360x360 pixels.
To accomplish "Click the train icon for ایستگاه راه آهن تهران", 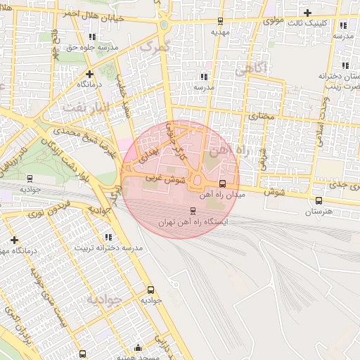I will [x=193, y=210].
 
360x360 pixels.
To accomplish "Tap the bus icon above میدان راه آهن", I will [x=223, y=184].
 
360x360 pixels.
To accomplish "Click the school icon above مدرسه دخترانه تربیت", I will [x=108, y=237].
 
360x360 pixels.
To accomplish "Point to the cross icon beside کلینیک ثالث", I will [x=307, y=12].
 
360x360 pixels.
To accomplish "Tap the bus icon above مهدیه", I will [x=220, y=20].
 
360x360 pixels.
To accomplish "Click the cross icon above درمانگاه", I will [x=89, y=73].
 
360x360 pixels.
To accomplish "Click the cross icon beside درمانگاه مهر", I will [x=14, y=240].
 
